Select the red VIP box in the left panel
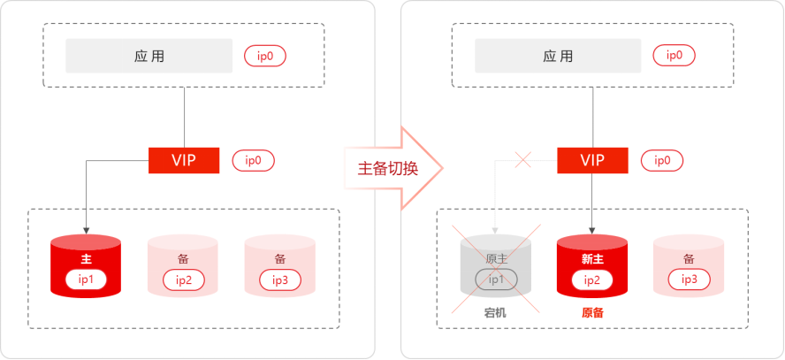(184, 160)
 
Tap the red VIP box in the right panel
(592, 160)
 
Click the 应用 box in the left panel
(149, 57)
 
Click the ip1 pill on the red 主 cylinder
(86, 280)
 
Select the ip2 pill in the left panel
(183, 280)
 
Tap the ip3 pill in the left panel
(279, 280)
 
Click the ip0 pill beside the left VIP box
(253, 161)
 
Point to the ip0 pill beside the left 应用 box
(265, 57)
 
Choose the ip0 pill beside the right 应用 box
(674, 57)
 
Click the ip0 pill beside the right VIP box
(661, 161)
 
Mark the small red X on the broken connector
(522, 160)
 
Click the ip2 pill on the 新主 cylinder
(591, 280)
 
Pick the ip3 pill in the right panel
(689, 280)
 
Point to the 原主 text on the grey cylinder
(495, 258)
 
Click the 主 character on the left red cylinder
(86, 259)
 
